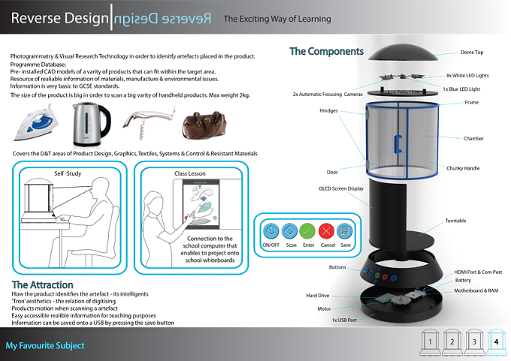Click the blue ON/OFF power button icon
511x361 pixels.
tap(271, 231)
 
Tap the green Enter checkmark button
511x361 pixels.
tap(307, 231)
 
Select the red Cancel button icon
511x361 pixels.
tap(326, 231)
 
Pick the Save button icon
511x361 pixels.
tap(344, 231)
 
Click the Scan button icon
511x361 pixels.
tap(289, 231)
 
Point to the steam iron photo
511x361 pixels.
tap(37, 123)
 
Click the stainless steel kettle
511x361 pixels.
tap(91, 124)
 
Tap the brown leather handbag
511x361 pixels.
tap(204, 125)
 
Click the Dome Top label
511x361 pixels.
tap(472, 52)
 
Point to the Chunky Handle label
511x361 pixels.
tap(463, 168)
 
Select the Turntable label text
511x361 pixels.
tap(455, 221)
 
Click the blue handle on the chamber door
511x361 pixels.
tap(398, 144)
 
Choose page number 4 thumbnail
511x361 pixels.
tap(496, 342)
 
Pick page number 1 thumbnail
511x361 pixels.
tap(430, 342)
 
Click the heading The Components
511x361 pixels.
tap(326, 51)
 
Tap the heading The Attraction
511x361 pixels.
tap(42, 285)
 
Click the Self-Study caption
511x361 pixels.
tap(68, 173)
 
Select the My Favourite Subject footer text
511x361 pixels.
tap(45, 345)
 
